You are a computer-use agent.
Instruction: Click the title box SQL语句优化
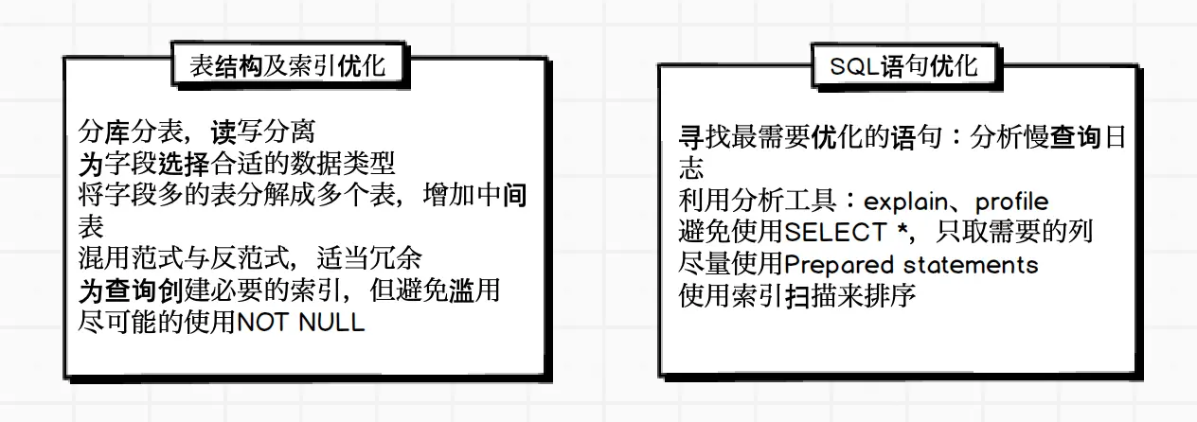click(x=903, y=66)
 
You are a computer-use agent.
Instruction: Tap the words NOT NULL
click(x=300, y=322)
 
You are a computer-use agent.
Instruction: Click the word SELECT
click(x=836, y=232)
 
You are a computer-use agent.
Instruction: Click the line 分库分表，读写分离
click(x=196, y=132)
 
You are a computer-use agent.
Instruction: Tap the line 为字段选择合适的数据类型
click(x=236, y=164)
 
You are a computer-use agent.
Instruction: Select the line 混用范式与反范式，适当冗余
click(x=250, y=258)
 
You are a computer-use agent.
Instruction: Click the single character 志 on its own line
click(x=693, y=169)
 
